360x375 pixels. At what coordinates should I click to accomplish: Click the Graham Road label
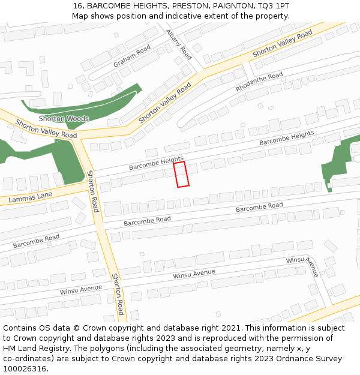click(132, 56)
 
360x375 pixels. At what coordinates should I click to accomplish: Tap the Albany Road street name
click(179, 44)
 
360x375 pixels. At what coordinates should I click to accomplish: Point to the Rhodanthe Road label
click(259, 82)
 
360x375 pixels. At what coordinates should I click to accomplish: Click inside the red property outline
click(181, 174)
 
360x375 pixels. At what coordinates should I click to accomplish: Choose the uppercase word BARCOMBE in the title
click(108, 5)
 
